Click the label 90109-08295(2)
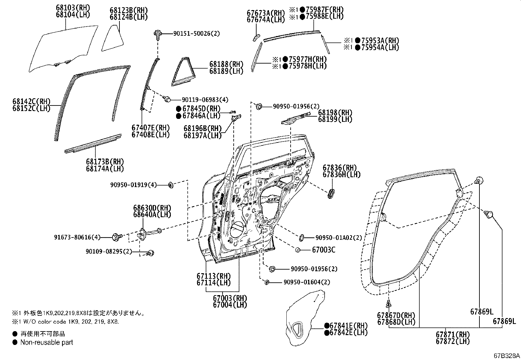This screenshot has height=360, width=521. [x=109, y=251]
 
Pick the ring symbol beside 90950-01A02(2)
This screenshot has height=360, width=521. [x=302, y=237]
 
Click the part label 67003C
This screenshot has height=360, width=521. [x=323, y=250]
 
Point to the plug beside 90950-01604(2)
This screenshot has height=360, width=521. [x=267, y=282]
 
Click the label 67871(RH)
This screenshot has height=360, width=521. [x=452, y=335]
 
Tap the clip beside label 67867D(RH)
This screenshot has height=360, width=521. [x=388, y=304]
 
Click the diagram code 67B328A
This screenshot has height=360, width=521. [x=506, y=355]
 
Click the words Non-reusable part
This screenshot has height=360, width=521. [x=46, y=342]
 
